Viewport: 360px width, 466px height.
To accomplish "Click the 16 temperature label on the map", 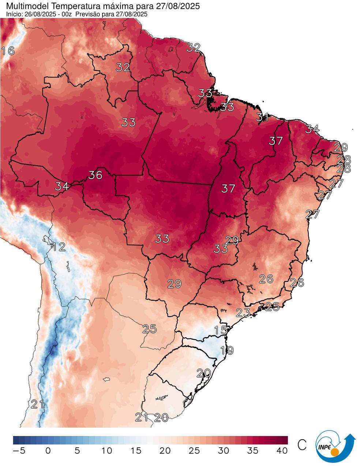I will point(8,51).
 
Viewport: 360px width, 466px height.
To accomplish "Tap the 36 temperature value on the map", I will point(95,175).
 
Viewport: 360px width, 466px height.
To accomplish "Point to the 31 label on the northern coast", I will point(262,118).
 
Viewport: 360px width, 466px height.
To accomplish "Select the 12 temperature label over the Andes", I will point(59,246).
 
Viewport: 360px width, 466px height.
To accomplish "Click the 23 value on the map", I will point(243,312).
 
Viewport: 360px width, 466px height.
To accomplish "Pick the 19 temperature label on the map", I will point(227,350).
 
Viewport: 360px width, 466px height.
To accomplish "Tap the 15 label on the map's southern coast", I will point(221,330).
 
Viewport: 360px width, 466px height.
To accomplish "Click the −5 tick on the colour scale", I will point(19,451).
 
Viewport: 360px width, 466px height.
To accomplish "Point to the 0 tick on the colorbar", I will point(48,451).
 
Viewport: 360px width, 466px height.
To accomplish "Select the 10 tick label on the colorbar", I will point(107,451).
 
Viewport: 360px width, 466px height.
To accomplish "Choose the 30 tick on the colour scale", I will point(224,451).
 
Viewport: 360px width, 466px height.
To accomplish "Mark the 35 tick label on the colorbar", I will point(253,451).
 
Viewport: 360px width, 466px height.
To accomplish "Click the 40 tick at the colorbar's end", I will point(282,451).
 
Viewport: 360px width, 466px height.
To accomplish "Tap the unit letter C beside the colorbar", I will point(302,445).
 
